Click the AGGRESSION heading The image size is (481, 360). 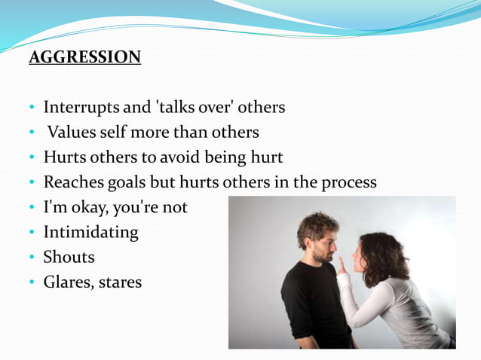pos(84,57)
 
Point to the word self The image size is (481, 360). pos(120,133)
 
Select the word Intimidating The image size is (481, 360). pos(91,232)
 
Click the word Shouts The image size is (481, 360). pos(69,257)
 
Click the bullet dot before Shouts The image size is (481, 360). pos(32,258)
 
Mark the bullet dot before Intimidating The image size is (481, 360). pos(32,233)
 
